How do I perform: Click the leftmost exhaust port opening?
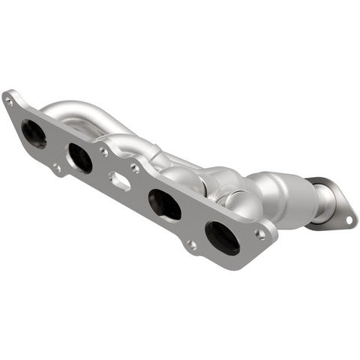click(x=34, y=133)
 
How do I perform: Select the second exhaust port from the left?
click(x=79, y=157)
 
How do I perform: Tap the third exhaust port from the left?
click(x=164, y=204)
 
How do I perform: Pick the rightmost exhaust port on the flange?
click(x=222, y=237)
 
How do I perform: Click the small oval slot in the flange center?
click(x=120, y=180)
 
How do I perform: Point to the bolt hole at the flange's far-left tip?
click(x=10, y=97)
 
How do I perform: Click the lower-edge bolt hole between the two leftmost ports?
click(x=57, y=168)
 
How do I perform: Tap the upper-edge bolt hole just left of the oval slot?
click(x=103, y=151)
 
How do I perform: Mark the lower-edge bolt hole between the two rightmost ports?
click(x=193, y=244)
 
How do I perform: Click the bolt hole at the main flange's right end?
click(x=260, y=233)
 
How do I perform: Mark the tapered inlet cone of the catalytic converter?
click(x=259, y=184)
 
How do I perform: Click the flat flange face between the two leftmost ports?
click(x=57, y=146)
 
